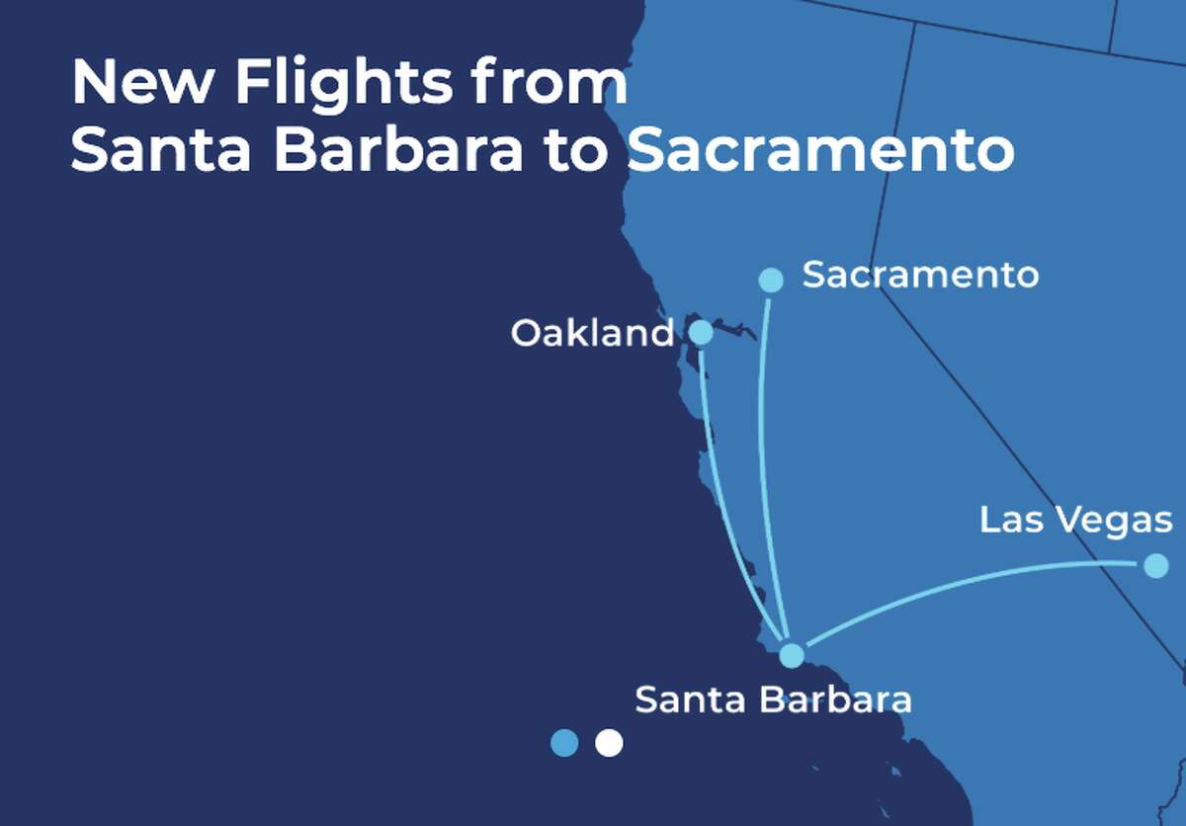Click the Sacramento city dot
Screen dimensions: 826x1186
coord(771,280)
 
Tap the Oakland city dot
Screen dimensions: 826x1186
coord(700,332)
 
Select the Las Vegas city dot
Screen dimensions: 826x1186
coord(1155,565)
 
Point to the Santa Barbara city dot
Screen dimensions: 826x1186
coord(792,655)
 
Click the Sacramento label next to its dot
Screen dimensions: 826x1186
coord(920,275)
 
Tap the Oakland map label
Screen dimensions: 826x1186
coord(592,333)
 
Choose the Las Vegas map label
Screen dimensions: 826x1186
coord(1075,520)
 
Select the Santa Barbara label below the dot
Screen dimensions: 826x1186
coord(772,700)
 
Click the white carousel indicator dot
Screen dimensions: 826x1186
coord(609,742)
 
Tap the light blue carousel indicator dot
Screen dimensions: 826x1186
coord(564,742)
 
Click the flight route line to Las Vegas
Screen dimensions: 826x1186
coord(969,583)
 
